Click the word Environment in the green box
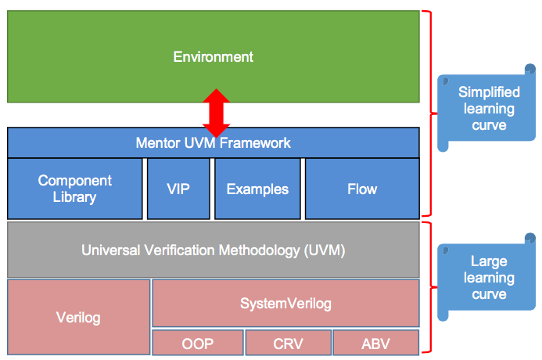click(214, 56)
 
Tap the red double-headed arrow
click(216, 113)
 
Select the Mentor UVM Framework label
click(213, 142)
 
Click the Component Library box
click(74, 189)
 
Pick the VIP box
click(178, 189)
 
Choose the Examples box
click(257, 189)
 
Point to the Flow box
click(362, 189)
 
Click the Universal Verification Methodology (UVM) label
click(214, 250)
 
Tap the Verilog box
click(78, 317)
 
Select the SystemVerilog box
click(286, 304)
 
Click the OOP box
click(198, 343)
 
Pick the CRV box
click(289, 343)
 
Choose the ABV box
click(376, 343)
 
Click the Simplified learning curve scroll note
click(486, 108)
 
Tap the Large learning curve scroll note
click(486, 278)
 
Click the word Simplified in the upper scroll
click(489, 92)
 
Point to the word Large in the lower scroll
click(489, 262)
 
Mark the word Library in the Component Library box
click(74, 197)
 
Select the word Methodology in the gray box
click(259, 250)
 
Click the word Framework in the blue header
click(255, 142)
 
